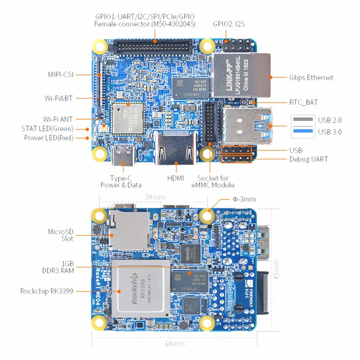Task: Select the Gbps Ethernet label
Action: (311, 77)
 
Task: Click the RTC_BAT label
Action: (303, 102)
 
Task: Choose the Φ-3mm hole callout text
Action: (244, 199)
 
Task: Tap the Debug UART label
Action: (308, 159)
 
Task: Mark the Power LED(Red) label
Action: (49, 138)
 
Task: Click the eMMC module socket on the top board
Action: (210, 121)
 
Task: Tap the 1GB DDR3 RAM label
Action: (62, 266)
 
